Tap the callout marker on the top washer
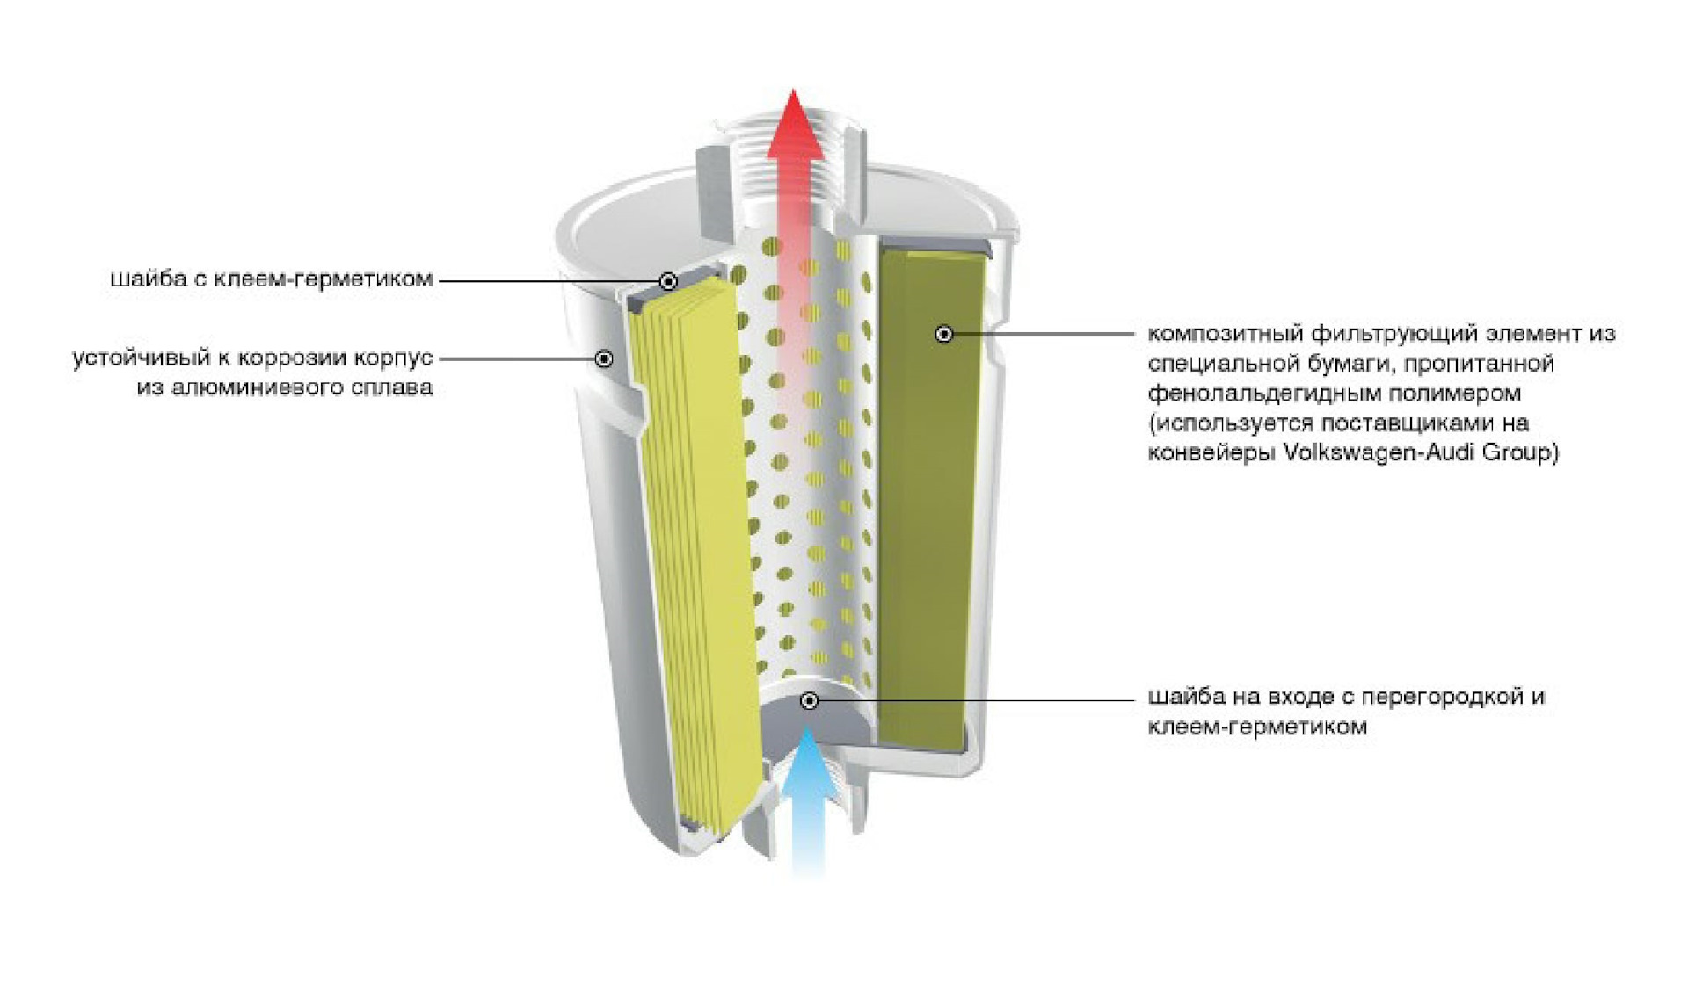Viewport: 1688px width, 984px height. (x=668, y=281)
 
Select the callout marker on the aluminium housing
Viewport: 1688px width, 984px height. (x=604, y=358)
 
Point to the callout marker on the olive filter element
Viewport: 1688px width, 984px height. (x=944, y=334)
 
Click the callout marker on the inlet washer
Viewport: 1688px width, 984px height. (x=810, y=700)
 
